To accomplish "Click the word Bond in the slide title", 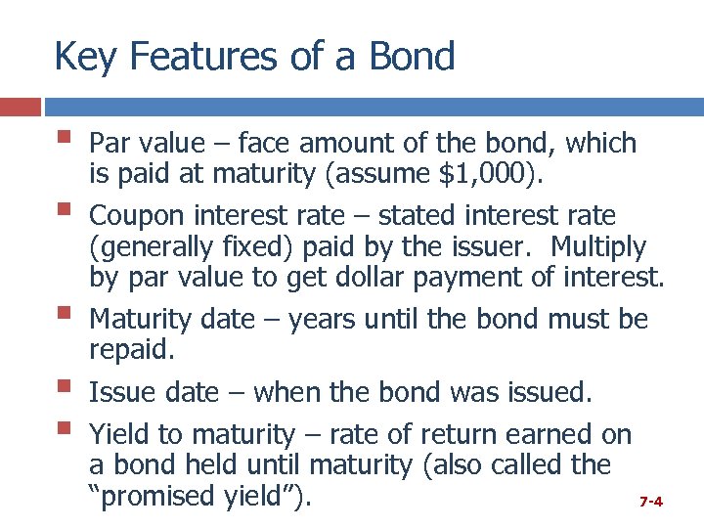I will (413, 57).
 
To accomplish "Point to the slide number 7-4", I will (651, 502).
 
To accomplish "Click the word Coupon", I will (137, 214).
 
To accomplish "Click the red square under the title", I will (21, 107).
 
